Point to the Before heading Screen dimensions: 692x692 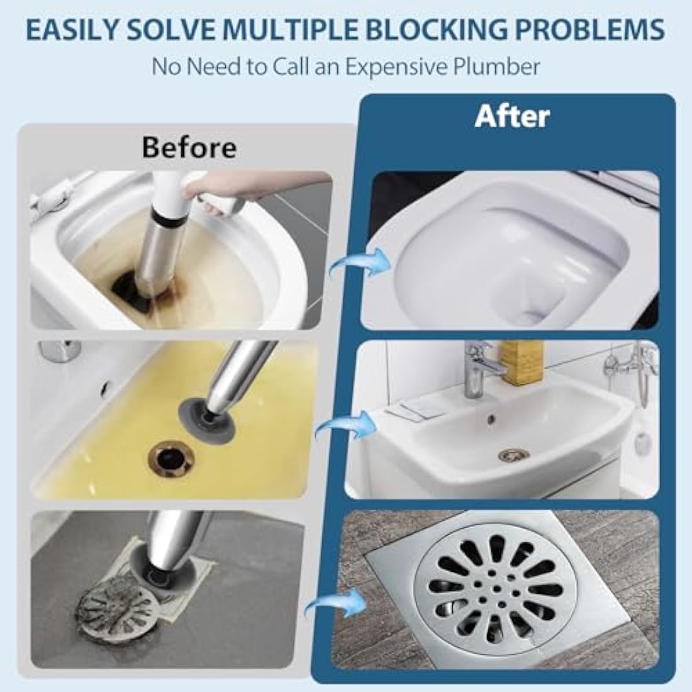tap(189, 147)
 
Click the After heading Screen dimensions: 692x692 tap(513, 116)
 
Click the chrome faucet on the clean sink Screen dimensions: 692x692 tap(476, 368)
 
